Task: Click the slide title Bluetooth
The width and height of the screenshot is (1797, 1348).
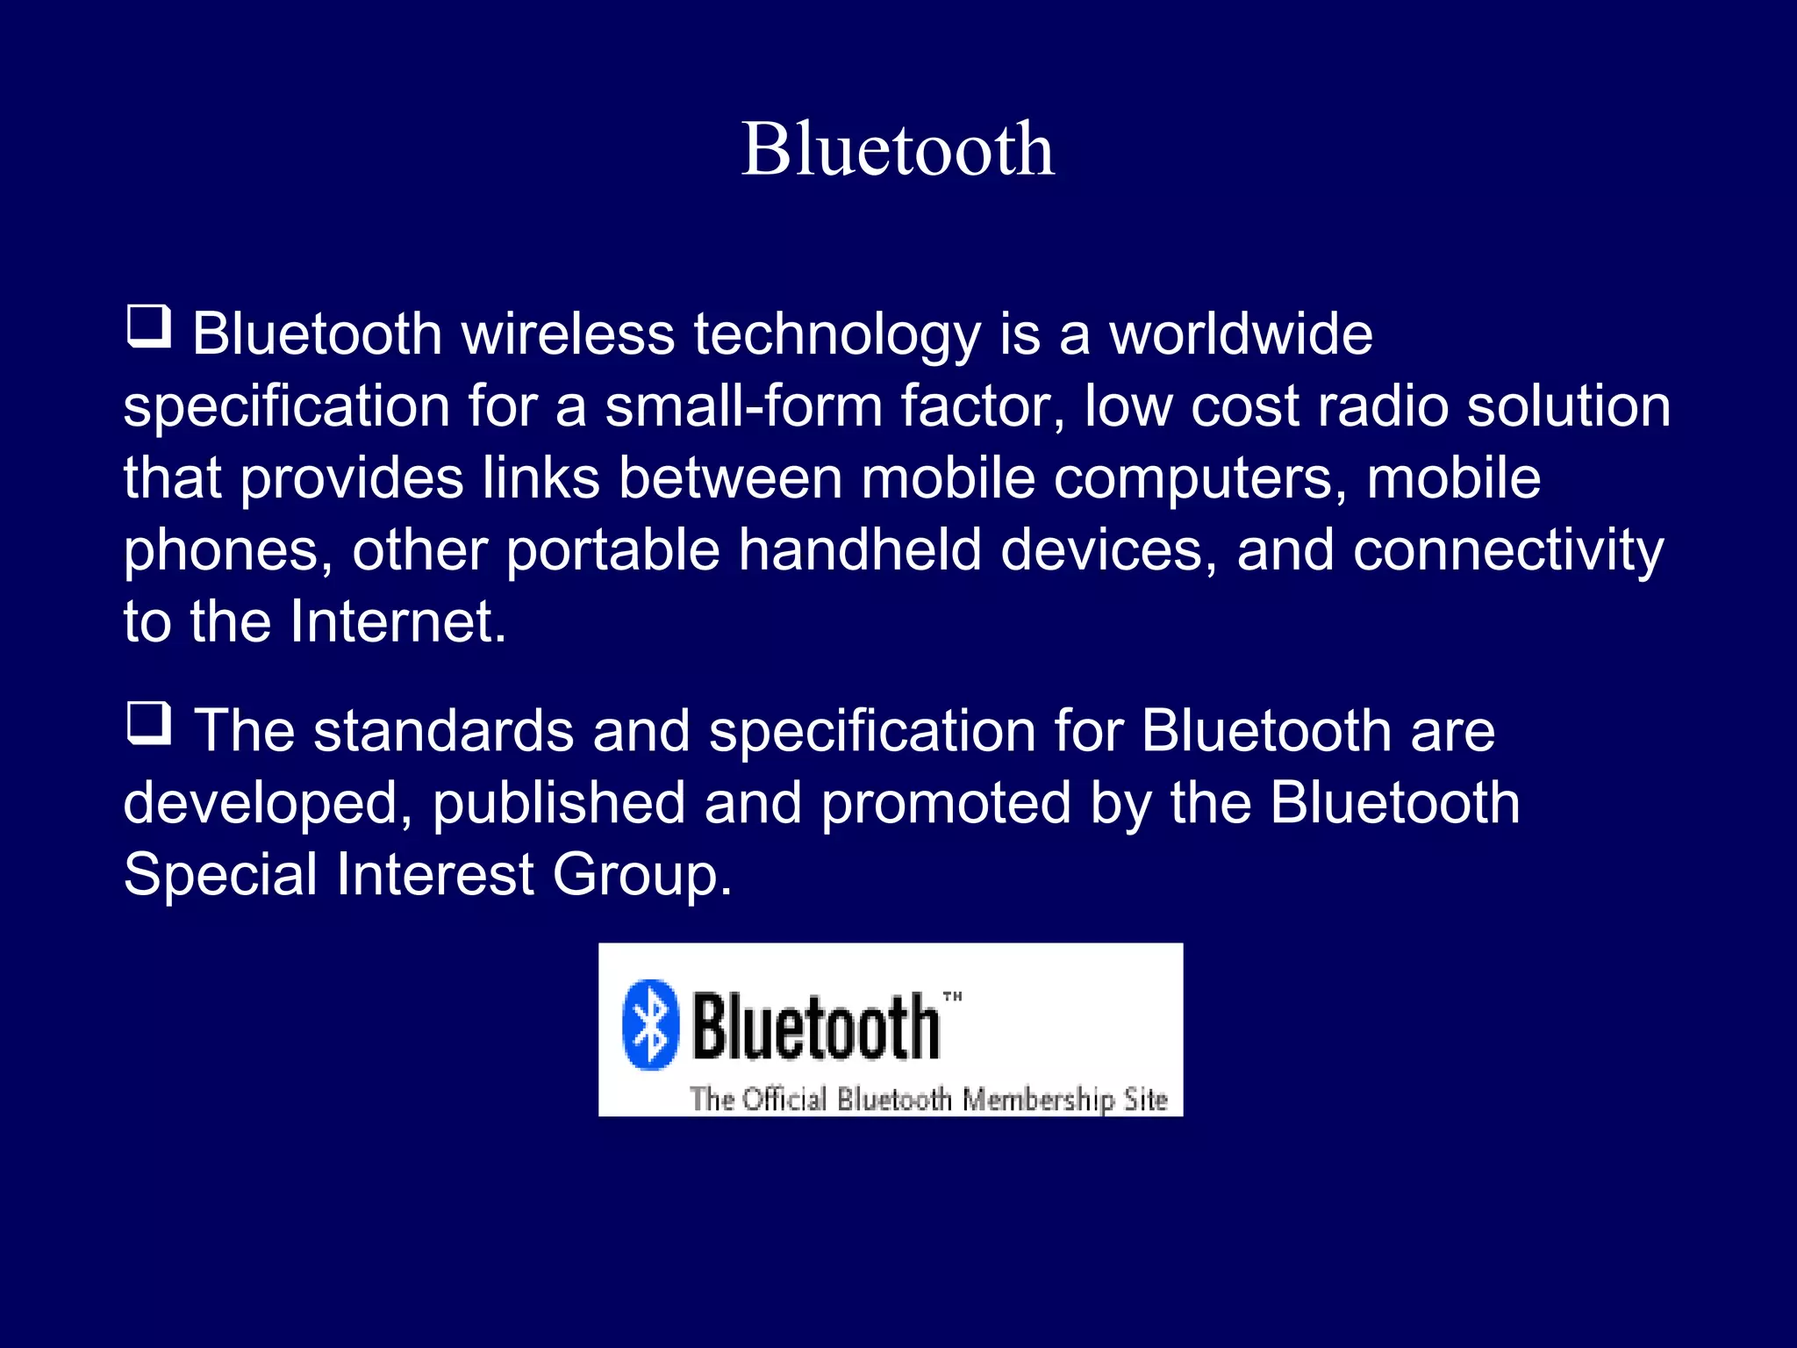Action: [898, 149]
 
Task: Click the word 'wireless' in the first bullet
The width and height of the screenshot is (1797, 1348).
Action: [568, 334]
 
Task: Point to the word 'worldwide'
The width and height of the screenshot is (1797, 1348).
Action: [1241, 334]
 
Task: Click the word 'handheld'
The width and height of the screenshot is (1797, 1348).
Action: [860, 550]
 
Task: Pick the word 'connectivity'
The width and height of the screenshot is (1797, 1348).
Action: [1507, 552]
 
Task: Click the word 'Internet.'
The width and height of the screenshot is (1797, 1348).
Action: [398, 622]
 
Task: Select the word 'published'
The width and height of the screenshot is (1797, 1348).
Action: [559, 804]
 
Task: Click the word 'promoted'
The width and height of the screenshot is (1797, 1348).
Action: [946, 804]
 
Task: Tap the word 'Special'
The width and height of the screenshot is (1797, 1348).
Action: [220, 876]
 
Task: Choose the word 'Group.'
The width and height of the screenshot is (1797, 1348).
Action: [641, 876]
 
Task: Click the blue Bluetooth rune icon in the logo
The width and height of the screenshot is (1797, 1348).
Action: [650, 1024]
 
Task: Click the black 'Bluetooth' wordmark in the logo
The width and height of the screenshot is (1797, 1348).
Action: [815, 1026]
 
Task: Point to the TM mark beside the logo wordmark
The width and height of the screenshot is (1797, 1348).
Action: [952, 996]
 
